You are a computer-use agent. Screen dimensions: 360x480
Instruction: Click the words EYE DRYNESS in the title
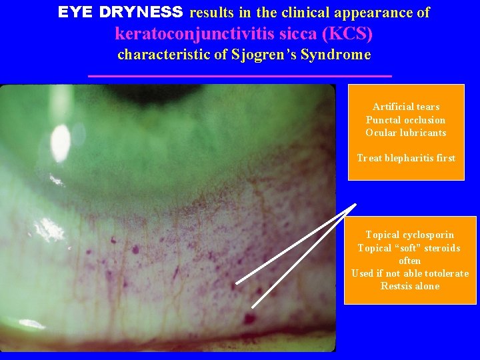tap(120, 12)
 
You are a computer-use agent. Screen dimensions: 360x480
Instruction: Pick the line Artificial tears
tap(406, 107)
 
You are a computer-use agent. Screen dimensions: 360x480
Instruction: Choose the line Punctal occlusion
tap(405, 120)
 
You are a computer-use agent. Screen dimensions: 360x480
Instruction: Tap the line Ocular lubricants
tap(405, 133)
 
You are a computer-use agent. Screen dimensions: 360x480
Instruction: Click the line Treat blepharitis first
tap(406, 158)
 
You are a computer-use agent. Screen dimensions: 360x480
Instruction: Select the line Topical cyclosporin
tap(409, 235)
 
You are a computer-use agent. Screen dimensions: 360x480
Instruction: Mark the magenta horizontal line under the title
tap(240, 77)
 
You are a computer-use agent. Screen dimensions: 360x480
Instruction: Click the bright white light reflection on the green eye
tap(61, 139)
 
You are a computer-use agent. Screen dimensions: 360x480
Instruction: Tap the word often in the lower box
tap(409, 261)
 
